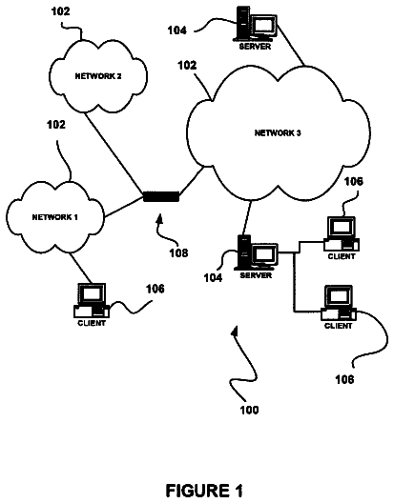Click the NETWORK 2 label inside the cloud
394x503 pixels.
98,76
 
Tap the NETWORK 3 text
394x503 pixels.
278,132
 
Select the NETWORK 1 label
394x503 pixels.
55,217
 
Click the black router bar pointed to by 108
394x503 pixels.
161,196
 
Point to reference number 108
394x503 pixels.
178,253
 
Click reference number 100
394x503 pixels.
249,410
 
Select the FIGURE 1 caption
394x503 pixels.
204,491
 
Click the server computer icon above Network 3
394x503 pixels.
256,25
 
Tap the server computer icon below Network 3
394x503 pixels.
257,252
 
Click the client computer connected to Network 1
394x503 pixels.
92,301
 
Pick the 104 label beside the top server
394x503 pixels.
177,30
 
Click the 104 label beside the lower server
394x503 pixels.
213,277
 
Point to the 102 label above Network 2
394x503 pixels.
60,11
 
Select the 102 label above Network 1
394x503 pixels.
56,125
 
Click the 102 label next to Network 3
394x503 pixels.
187,65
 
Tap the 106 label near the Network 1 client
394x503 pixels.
156,289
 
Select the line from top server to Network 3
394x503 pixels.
291,46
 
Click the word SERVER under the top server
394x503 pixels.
255,47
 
